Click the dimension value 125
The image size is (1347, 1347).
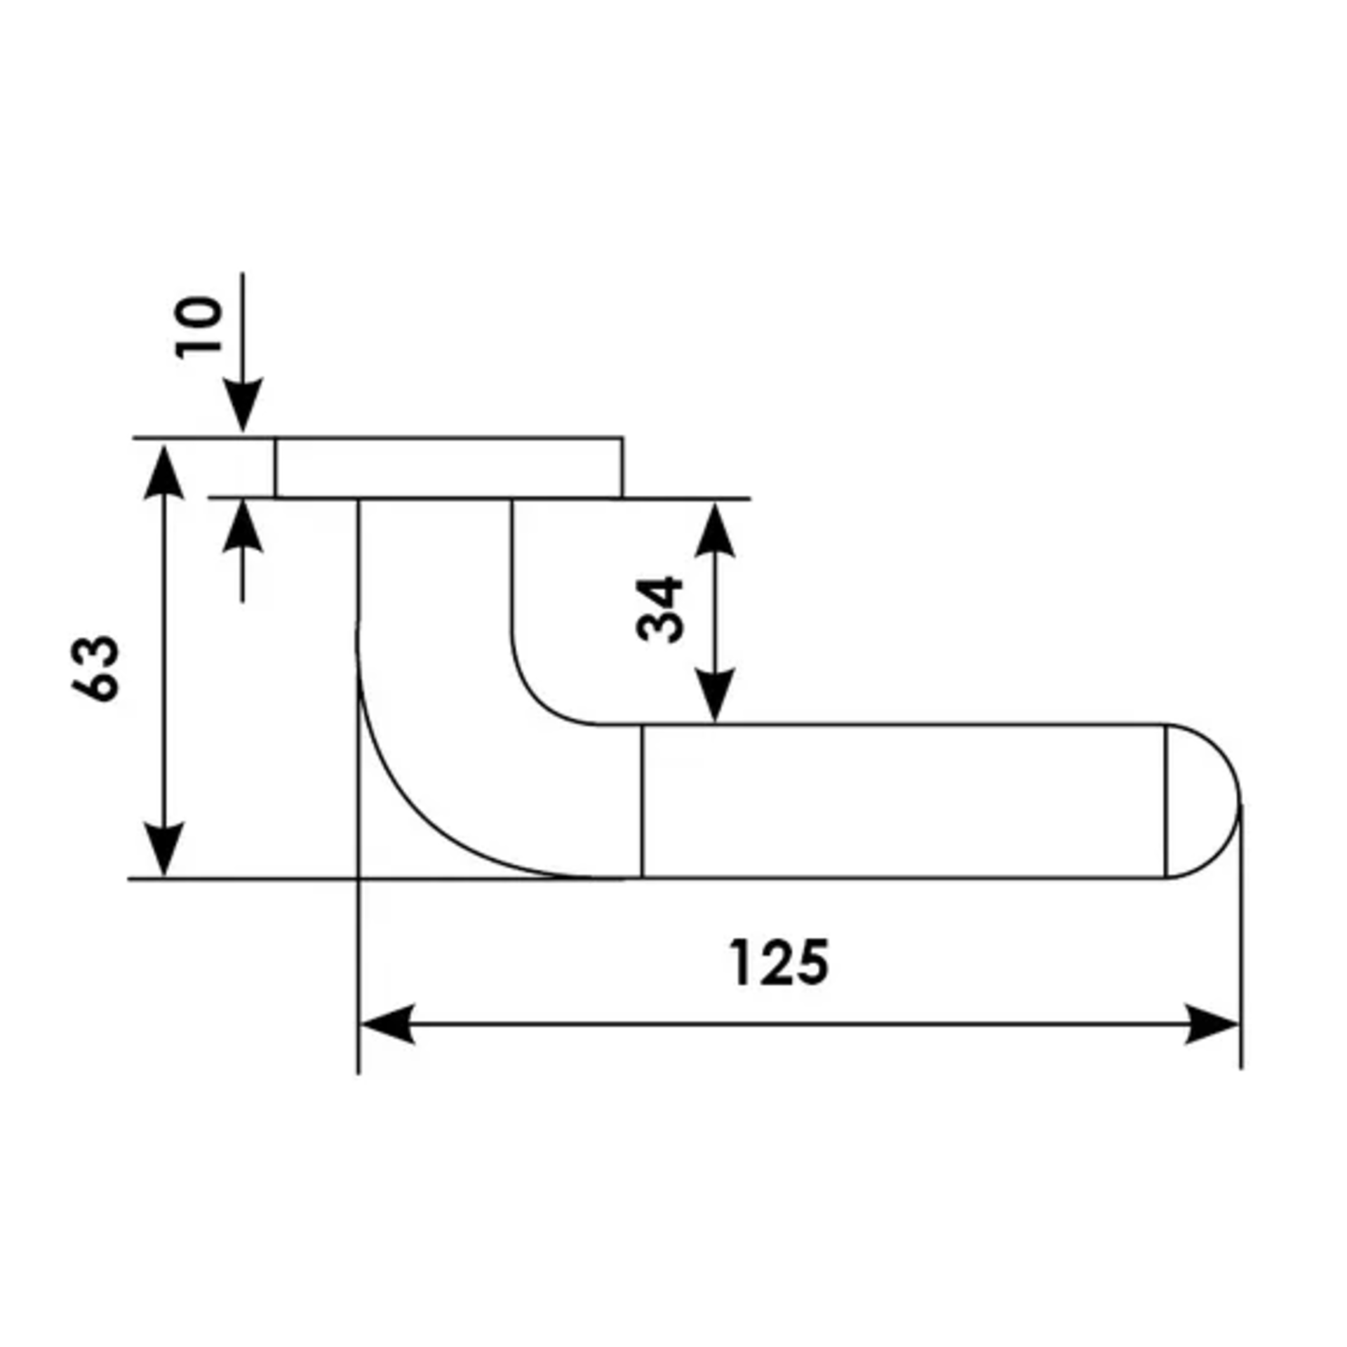click(779, 963)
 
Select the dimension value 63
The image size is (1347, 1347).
click(96, 668)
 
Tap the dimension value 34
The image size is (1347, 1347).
click(659, 610)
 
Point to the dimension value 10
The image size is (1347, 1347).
click(198, 328)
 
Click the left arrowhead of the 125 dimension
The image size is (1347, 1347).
click(387, 1024)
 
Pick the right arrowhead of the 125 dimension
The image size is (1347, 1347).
click(1212, 1024)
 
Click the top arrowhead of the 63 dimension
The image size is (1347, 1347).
click(163, 471)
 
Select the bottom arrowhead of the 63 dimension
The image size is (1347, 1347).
click(163, 849)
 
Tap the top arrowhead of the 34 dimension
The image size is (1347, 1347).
click(714, 530)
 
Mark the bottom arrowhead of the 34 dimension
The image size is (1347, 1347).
click(714, 695)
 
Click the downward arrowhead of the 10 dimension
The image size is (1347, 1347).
click(242, 405)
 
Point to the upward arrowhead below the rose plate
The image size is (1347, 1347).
click(242, 525)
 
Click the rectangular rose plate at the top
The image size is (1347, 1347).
click(448, 467)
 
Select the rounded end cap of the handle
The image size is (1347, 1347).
click(1203, 800)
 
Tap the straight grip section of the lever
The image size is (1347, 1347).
click(904, 800)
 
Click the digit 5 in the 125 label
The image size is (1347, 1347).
click(812, 963)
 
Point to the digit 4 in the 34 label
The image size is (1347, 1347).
click(659, 592)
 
